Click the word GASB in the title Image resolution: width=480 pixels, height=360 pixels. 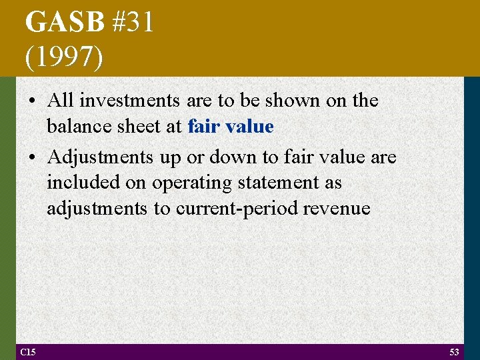point(65,23)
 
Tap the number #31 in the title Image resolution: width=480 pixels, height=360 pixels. point(133,23)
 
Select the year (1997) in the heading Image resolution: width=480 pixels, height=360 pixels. point(64,58)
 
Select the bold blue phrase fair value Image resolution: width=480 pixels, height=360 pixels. point(231,127)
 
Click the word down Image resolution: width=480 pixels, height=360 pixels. point(236,158)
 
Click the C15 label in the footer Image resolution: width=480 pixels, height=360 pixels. point(27,352)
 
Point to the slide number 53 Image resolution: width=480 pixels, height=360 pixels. point(454,352)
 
